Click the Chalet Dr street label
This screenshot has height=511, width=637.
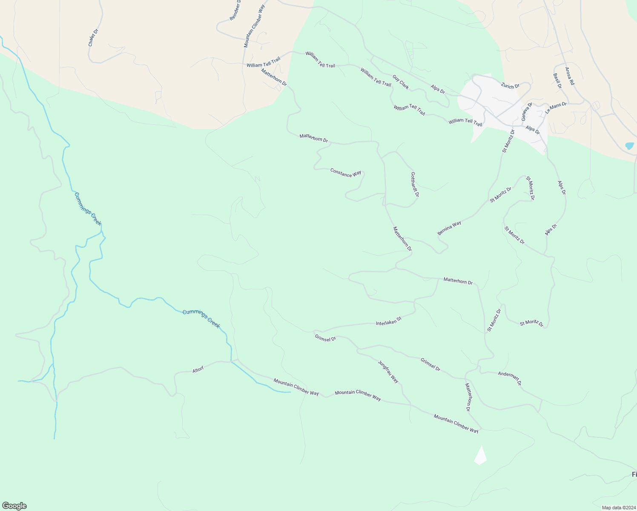[x=93, y=37]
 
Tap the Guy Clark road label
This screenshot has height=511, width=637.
[x=401, y=83]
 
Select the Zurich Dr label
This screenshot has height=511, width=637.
[x=510, y=86]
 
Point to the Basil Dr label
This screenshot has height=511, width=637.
[x=557, y=81]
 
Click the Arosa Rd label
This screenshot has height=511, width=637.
[x=570, y=76]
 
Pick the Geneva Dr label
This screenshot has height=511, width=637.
[x=527, y=112]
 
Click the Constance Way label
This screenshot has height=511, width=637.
[x=346, y=172]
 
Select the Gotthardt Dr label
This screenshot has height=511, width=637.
[x=415, y=184]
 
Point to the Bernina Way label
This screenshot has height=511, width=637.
[x=449, y=228]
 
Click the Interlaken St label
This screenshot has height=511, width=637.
[x=389, y=321]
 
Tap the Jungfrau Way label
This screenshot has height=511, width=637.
[x=388, y=371]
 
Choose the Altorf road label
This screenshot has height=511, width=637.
[x=198, y=370]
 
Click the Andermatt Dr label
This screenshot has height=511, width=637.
[x=510, y=378]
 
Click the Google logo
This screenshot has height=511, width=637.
[x=14, y=506]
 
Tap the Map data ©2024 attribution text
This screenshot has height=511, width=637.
[x=618, y=508]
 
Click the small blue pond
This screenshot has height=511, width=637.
[x=629, y=146]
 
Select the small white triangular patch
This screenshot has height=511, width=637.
[x=480, y=456]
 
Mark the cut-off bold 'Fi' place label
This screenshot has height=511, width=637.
[x=634, y=474]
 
